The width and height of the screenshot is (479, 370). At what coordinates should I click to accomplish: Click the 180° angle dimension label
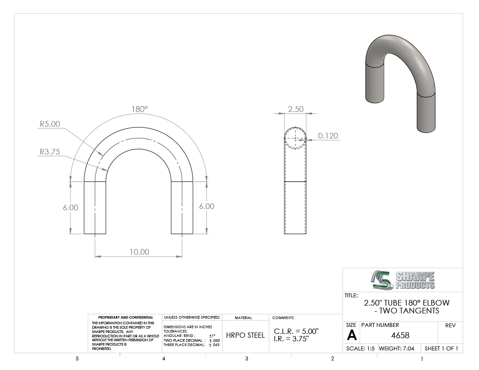(x=140, y=109)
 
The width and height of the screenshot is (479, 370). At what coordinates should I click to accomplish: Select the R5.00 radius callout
(x=50, y=124)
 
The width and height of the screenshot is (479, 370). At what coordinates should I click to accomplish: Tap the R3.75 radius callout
(x=50, y=152)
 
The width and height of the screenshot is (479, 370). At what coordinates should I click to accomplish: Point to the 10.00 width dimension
(x=139, y=252)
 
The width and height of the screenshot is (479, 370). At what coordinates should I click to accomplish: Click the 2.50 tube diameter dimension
(x=296, y=109)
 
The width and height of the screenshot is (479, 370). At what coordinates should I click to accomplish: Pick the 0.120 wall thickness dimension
(x=328, y=135)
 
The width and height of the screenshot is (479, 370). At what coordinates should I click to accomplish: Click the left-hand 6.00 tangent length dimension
(x=71, y=208)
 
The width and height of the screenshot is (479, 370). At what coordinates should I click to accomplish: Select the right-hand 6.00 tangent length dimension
(x=207, y=206)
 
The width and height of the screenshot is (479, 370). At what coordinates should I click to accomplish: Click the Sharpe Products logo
(x=403, y=280)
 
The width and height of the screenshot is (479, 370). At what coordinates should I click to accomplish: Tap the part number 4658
(x=400, y=336)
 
